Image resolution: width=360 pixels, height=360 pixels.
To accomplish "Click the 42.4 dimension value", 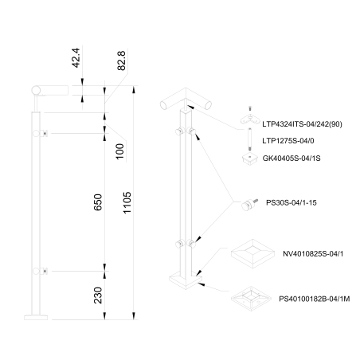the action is (x=76, y=57).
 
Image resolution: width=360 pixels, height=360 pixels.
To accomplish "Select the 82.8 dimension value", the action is (x=121, y=61).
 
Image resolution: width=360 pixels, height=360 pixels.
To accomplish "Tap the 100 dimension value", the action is (x=120, y=151).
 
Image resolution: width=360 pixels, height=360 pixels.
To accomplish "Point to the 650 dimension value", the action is (x=98, y=202).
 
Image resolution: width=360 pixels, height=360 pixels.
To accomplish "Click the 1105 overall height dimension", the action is (x=127, y=202).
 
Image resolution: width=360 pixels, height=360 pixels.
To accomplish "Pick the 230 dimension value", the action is (x=98, y=295).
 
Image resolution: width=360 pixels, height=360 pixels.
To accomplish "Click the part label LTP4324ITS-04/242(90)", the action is (x=302, y=124).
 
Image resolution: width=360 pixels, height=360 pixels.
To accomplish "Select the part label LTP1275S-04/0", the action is (x=288, y=141).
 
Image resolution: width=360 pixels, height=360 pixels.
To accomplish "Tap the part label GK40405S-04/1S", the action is (x=292, y=158).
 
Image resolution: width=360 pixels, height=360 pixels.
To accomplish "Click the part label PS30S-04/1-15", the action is (x=292, y=203).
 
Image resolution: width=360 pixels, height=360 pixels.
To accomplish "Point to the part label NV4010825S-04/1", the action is (x=313, y=254).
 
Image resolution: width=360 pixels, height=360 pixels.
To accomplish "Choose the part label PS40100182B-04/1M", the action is (x=315, y=299).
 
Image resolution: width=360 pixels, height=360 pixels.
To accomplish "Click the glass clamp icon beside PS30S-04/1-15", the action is (x=249, y=205).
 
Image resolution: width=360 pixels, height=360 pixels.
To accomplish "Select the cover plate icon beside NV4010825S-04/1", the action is (x=252, y=253).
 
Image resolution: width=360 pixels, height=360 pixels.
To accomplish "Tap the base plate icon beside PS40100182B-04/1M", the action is (x=251, y=299).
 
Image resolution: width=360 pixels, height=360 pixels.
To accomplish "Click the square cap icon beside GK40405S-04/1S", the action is (x=250, y=158).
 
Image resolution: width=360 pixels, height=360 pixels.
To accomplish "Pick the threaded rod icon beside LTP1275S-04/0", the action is (x=249, y=139).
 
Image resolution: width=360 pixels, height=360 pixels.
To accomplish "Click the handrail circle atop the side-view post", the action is (x=36, y=91).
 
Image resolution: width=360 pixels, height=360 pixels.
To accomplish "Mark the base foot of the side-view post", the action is (x=36, y=318).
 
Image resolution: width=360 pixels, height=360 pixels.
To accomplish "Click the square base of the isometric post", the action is (x=186, y=281).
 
